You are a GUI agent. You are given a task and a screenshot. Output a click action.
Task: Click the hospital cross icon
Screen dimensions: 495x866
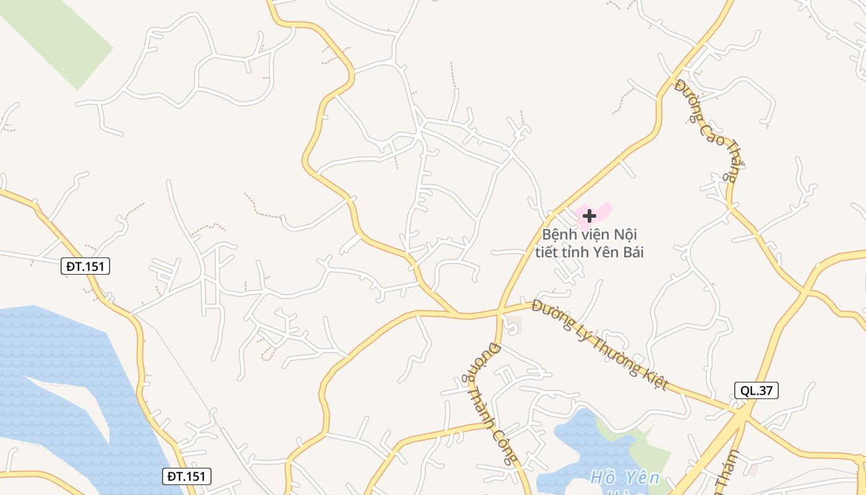click(589, 215)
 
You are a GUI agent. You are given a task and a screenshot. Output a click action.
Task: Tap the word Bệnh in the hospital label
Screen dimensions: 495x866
click(559, 235)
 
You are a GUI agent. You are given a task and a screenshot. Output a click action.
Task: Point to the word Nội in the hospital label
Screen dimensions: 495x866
click(625, 235)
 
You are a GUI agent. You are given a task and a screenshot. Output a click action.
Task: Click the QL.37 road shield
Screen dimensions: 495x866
click(756, 390)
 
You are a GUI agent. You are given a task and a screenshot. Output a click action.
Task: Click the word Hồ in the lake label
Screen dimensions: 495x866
click(603, 478)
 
